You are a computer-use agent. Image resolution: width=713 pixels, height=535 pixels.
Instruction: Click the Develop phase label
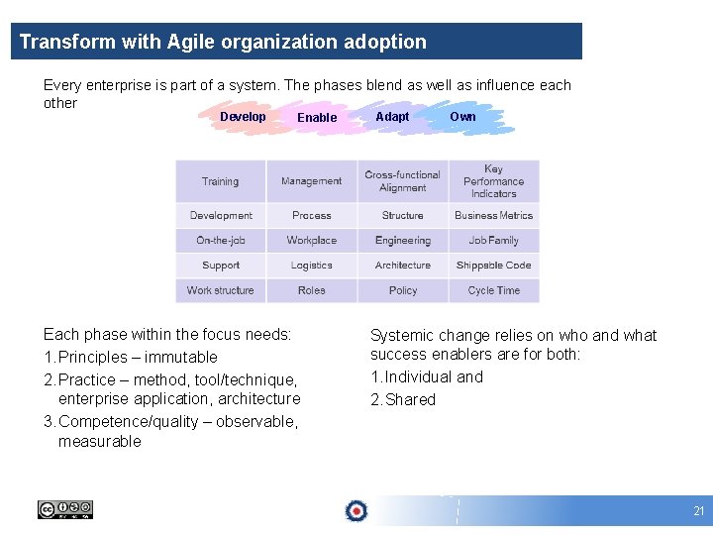(x=243, y=117)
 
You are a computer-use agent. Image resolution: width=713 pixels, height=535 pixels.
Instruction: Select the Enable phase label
(x=317, y=118)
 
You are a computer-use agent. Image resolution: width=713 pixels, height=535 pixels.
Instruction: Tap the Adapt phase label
(x=392, y=117)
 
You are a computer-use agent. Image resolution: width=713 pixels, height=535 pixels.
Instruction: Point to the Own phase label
(x=462, y=117)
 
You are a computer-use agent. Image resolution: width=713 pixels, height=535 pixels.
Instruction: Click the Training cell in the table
(x=221, y=181)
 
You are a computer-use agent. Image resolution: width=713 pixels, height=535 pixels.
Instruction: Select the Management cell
(x=311, y=181)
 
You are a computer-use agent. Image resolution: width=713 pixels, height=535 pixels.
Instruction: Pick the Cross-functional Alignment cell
(x=402, y=181)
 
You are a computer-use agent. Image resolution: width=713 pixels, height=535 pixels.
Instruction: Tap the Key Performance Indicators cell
(x=493, y=181)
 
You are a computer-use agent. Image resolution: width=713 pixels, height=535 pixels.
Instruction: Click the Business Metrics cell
(x=493, y=215)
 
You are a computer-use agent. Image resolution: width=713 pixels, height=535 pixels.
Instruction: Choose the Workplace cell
(x=311, y=240)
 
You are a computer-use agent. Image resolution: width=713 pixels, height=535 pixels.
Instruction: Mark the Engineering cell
(x=402, y=240)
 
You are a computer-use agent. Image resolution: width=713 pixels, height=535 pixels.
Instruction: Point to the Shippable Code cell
(x=493, y=266)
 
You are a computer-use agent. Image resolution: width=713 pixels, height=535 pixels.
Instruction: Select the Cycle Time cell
(x=493, y=290)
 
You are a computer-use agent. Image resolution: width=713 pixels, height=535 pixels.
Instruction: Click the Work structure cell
(x=221, y=290)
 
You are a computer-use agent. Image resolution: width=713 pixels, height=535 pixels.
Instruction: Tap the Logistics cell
(x=311, y=266)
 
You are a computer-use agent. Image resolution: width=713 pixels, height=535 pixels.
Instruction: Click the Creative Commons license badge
(x=65, y=509)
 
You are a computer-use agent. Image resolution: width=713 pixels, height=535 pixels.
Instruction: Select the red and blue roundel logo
(x=356, y=510)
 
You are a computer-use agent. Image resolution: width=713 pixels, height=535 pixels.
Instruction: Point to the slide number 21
(x=698, y=511)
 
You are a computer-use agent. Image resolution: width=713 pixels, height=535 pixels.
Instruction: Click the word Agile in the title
(x=194, y=42)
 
